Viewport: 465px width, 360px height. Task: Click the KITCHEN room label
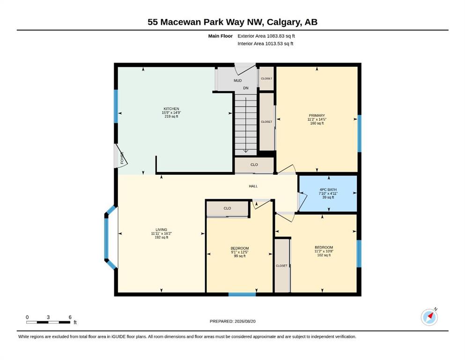[x=171, y=109]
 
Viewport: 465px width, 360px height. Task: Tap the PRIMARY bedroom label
[x=317, y=115]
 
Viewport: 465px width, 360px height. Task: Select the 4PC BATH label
[x=328, y=190]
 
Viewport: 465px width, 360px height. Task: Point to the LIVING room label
[x=162, y=230]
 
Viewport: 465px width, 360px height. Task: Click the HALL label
[x=253, y=186]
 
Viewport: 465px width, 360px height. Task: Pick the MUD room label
[x=237, y=81]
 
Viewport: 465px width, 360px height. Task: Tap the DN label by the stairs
[x=245, y=88]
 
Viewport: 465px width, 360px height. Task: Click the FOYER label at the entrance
[x=122, y=158]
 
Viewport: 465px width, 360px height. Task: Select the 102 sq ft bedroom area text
[x=324, y=255]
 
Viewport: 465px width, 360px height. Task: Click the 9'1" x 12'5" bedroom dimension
[x=240, y=252]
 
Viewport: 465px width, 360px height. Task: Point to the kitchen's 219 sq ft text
[x=171, y=116]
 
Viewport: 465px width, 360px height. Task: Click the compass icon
[x=429, y=317]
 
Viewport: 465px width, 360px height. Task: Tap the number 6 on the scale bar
[x=70, y=317]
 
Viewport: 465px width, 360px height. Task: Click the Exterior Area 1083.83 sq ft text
[x=266, y=36]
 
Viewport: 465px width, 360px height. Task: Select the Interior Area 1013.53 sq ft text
[x=266, y=44]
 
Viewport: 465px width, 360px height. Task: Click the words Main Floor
[x=221, y=36]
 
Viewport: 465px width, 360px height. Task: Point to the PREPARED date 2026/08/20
[x=245, y=321]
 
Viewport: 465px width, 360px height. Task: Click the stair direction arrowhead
[x=246, y=150]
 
